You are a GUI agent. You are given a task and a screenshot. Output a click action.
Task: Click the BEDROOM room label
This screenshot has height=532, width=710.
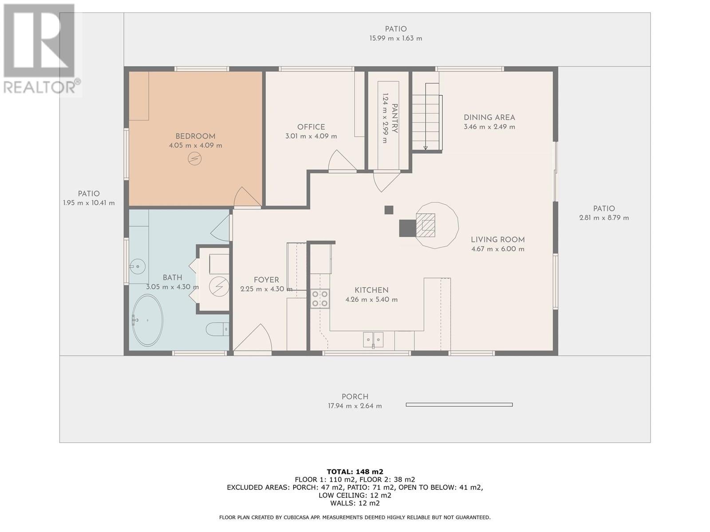tap(195, 136)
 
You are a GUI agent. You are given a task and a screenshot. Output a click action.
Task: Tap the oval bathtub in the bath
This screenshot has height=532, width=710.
tap(147, 320)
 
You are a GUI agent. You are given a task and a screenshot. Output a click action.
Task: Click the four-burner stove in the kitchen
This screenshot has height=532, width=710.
tap(320, 298)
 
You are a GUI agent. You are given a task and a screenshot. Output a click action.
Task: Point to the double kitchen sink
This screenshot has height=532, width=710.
tap(373, 340)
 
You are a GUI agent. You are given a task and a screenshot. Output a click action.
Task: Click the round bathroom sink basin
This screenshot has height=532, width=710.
tap(138, 266)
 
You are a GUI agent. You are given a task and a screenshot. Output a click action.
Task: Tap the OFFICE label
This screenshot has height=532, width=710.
tap(311, 127)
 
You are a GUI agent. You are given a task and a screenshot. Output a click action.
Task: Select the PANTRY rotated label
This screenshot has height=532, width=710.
tap(394, 118)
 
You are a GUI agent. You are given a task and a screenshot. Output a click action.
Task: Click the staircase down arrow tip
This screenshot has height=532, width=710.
tap(426, 149)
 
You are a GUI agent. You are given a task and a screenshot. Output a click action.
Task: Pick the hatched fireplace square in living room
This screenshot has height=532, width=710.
tap(426, 225)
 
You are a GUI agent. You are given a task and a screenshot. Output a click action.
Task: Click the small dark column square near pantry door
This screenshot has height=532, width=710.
tap(389, 210)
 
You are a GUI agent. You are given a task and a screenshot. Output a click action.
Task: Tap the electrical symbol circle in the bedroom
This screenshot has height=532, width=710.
tap(195, 158)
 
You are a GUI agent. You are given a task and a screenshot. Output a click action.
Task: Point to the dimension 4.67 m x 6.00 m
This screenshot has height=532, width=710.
tap(498, 249)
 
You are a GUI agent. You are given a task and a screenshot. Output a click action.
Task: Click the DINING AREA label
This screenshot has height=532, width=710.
tap(489, 117)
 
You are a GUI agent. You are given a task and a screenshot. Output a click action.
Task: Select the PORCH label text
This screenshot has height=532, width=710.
tap(355, 397)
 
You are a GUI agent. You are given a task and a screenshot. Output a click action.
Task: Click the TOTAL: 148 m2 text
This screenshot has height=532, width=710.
tap(355, 472)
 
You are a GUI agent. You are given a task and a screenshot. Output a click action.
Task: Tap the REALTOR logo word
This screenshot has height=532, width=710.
tap(39, 87)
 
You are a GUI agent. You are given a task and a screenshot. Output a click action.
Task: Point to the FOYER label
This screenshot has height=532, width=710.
tap(266, 280)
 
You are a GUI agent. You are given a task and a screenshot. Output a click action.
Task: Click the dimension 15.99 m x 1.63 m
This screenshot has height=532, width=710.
tap(396, 38)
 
